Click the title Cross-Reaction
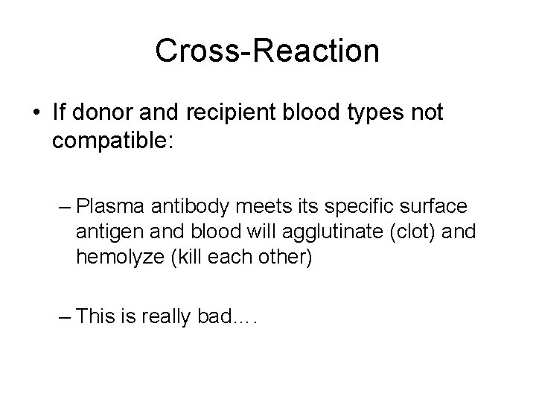[x=267, y=51]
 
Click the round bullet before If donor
[x=36, y=114]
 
